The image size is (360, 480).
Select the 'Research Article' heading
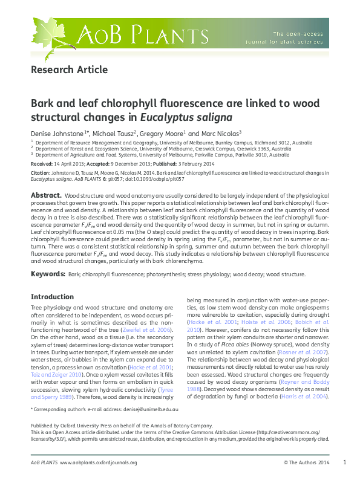[69, 70]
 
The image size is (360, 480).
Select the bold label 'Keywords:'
[48, 274]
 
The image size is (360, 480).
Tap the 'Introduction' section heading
[52, 297]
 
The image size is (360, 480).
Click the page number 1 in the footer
[344, 462]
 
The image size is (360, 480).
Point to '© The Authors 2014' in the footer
[307, 462]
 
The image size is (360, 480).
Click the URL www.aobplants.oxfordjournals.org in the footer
[99, 462]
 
